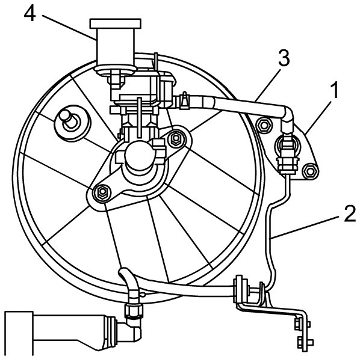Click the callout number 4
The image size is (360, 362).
[x=30, y=14]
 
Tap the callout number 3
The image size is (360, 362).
[x=284, y=58]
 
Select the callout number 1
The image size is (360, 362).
[x=334, y=91]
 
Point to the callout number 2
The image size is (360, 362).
[x=350, y=214]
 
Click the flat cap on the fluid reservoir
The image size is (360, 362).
[x=116, y=23]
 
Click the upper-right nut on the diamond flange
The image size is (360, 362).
[x=176, y=138]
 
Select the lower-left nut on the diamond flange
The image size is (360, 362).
[x=102, y=192]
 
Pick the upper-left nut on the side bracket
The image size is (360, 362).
[x=264, y=125]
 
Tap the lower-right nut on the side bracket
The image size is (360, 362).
[x=310, y=171]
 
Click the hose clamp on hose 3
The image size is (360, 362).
[x=185, y=100]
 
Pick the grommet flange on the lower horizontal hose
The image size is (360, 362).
[x=238, y=289]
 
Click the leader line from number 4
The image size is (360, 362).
[x=69, y=27]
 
